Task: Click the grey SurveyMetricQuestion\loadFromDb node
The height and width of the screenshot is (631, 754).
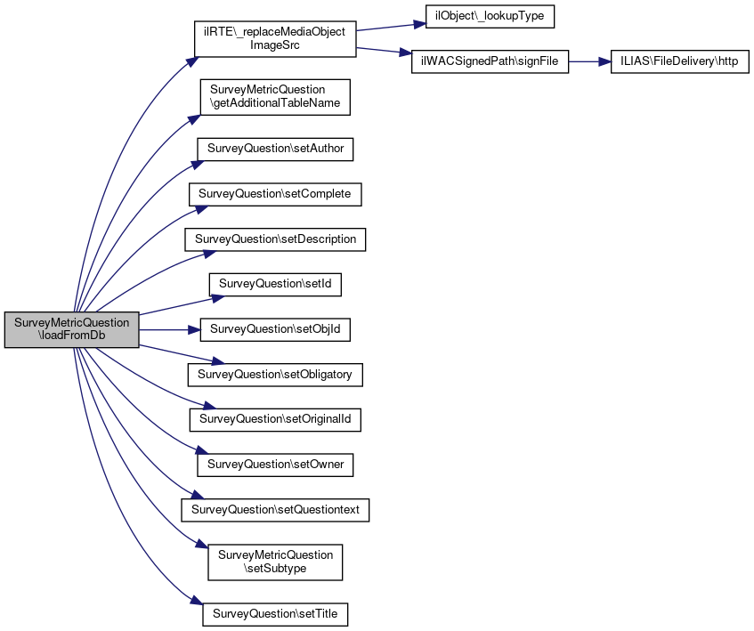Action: [x=71, y=329]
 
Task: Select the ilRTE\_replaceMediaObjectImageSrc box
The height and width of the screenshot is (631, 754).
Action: [x=275, y=39]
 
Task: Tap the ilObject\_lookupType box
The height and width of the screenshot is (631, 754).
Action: [x=490, y=16]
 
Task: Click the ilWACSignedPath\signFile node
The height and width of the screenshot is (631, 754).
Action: [x=490, y=62]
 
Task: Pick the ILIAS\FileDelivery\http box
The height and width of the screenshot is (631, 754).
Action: [x=679, y=62]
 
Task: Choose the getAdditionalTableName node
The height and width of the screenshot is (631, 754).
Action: [x=275, y=97]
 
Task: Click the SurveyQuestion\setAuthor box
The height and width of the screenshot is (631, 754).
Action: [x=275, y=149]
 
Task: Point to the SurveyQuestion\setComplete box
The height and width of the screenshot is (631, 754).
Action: [x=275, y=194]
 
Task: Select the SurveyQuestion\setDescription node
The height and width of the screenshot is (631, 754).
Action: [x=275, y=239]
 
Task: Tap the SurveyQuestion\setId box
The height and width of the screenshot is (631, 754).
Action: [x=275, y=285]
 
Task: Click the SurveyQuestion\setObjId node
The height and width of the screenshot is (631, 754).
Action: [x=275, y=329]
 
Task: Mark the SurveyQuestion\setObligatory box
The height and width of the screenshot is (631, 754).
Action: [x=275, y=375]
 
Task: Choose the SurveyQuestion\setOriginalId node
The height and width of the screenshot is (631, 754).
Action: [x=275, y=419]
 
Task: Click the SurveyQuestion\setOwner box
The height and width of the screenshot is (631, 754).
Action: [x=275, y=465]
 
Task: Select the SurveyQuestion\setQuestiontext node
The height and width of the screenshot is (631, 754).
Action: [x=275, y=510]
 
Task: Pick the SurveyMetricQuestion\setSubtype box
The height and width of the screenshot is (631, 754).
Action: [x=275, y=562]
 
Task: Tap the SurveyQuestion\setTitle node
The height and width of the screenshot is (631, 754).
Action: [x=275, y=614]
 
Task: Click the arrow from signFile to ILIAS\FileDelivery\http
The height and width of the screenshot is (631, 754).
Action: [x=589, y=62]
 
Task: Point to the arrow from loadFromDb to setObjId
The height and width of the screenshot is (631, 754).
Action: [x=169, y=329]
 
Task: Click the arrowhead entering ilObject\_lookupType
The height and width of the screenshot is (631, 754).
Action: [x=420, y=23]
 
